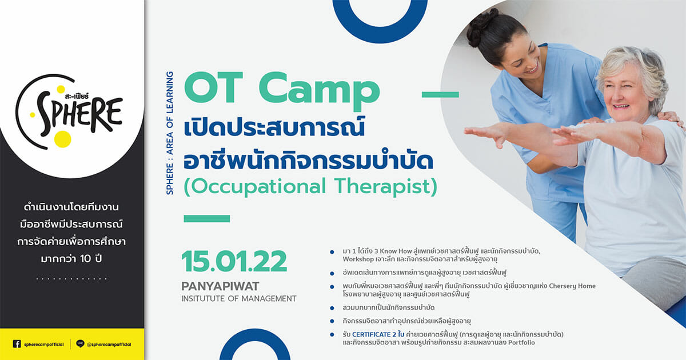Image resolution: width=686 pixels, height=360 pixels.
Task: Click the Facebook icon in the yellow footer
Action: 17,344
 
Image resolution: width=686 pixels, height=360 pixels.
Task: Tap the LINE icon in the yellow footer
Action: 80,344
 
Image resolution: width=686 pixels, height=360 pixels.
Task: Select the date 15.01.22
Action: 234,262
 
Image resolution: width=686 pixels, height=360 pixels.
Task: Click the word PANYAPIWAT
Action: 220,286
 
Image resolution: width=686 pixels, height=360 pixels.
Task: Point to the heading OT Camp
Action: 282,89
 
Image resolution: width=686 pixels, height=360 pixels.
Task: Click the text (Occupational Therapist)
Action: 310,187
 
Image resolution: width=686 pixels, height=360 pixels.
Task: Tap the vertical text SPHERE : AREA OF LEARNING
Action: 170,133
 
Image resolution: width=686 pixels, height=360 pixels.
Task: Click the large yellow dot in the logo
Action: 63,139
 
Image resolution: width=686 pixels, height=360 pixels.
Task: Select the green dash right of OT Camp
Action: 440,95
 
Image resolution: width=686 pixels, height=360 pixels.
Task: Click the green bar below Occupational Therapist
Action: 207,218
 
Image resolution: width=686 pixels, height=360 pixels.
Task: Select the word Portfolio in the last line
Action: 521,342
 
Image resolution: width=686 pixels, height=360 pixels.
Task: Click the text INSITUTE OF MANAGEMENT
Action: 239,298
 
